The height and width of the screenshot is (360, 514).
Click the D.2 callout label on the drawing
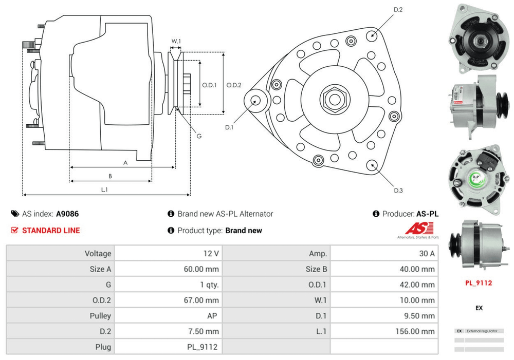click(x=398, y=9)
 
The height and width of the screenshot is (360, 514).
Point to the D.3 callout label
click(x=398, y=191)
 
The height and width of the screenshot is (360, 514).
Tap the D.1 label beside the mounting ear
click(x=229, y=127)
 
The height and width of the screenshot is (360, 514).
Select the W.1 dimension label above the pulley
click(x=176, y=41)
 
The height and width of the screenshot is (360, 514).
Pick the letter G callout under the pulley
click(x=199, y=136)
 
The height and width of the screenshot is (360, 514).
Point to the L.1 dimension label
click(x=104, y=190)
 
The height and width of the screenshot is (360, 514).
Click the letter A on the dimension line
click(x=125, y=162)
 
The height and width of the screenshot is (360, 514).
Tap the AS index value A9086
click(x=67, y=214)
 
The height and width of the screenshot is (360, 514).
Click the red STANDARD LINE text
click(x=51, y=231)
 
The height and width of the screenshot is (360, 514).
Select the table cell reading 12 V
click(x=211, y=253)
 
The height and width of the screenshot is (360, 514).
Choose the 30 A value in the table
click(x=427, y=253)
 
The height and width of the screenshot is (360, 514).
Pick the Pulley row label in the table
click(x=100, y=316)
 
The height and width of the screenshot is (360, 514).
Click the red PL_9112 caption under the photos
click(x=478, y=282)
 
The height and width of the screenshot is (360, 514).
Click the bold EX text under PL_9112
click(x=479, y=308)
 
